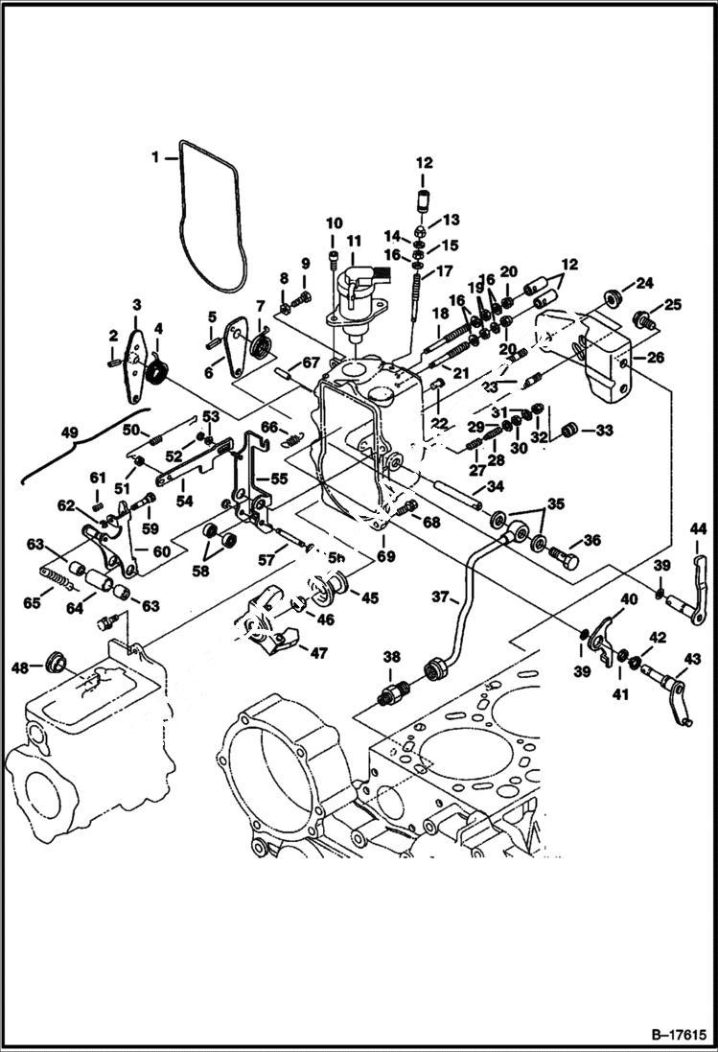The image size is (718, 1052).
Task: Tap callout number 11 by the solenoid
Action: coord(355,240)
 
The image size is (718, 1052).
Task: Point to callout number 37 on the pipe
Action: coord(439,596)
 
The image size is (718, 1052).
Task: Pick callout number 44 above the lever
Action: coord(697,528)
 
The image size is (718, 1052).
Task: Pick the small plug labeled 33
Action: coord(569,431)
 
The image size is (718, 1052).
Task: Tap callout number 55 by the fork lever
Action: coord(278,477)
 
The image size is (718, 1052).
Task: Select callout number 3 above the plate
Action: coord(136,305)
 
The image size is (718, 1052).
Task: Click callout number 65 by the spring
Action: coord(32,602)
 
